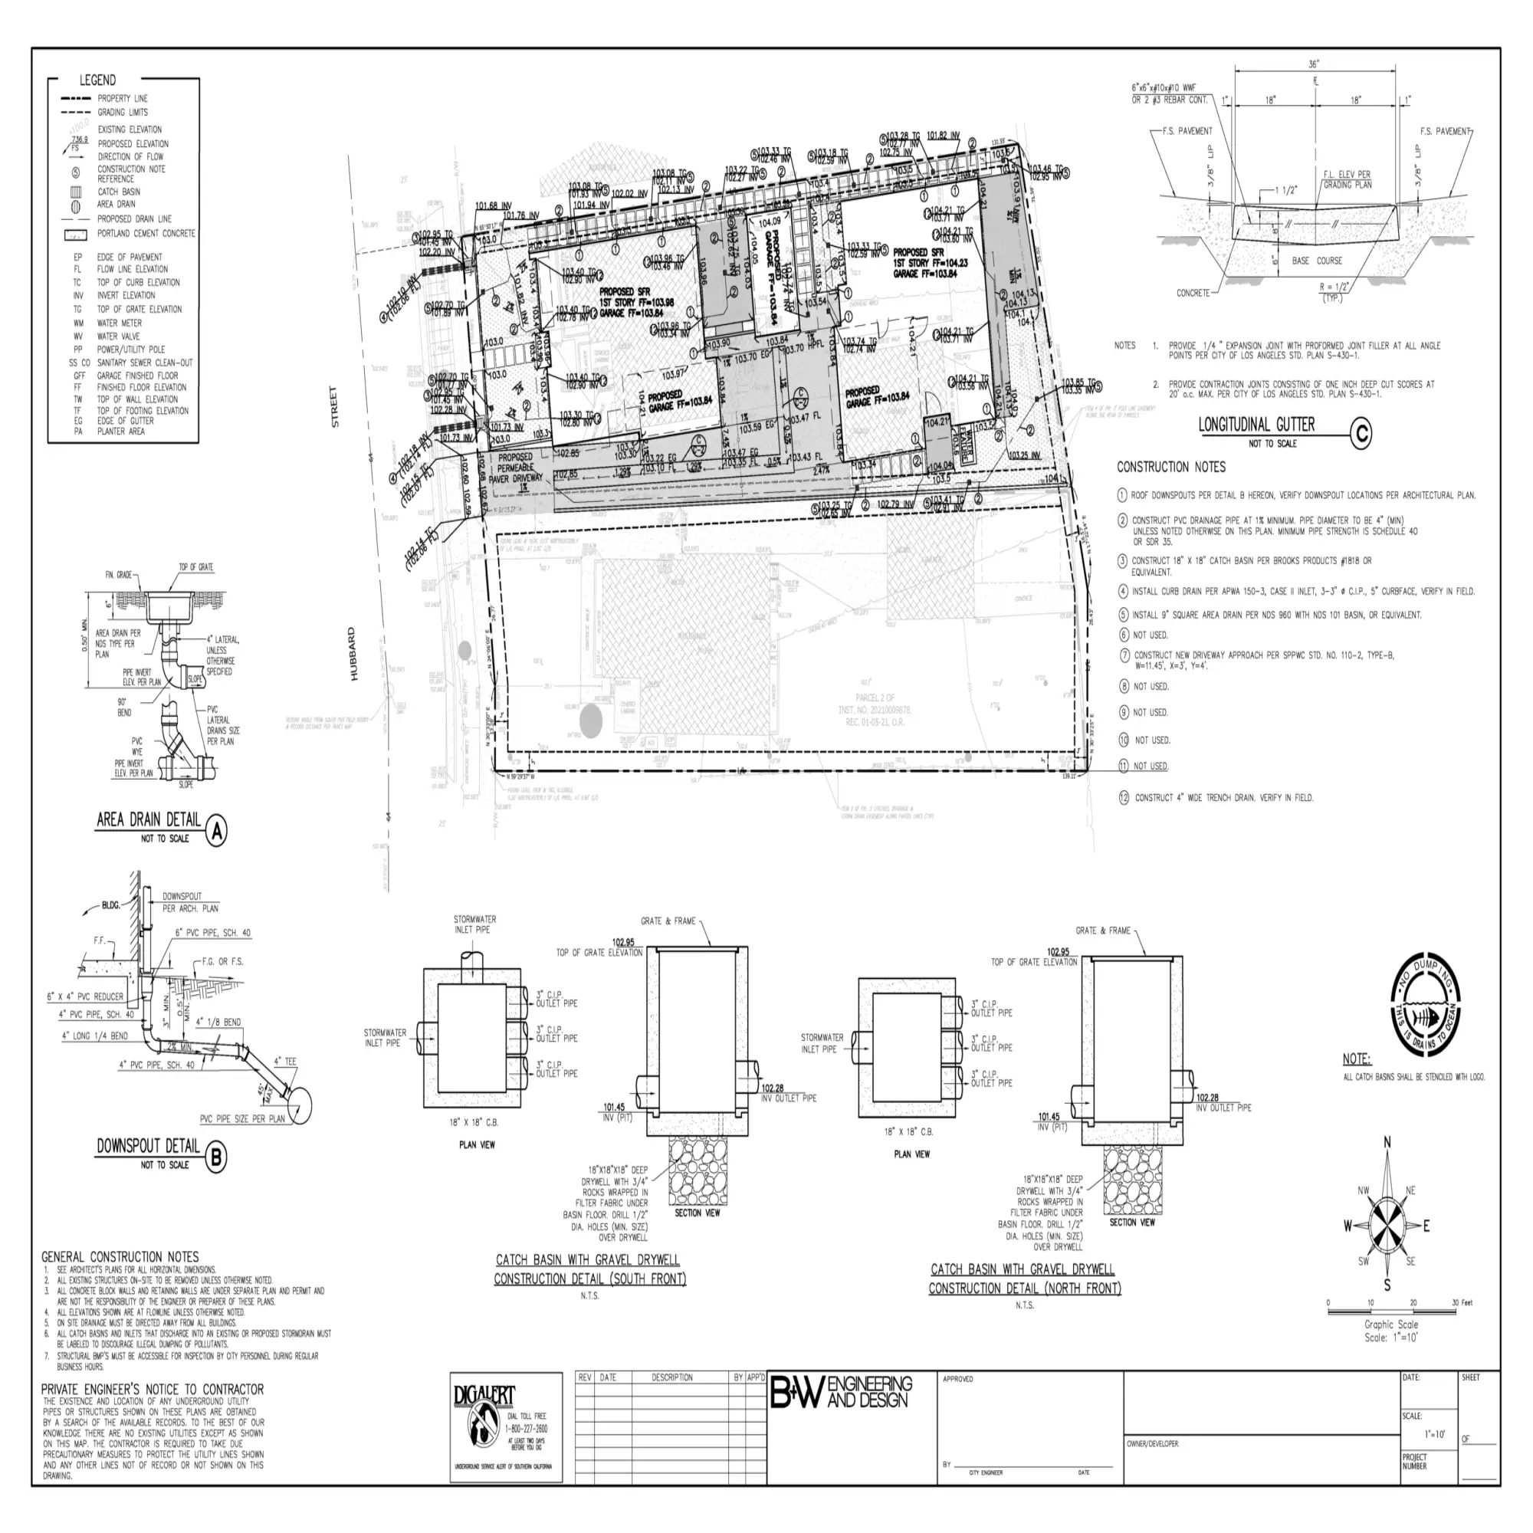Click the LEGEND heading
[x=97, y=80]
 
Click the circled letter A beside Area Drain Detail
[x=216, y=832]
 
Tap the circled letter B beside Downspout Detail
[x=216, y=1157]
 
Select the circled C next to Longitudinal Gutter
[x=1361, y=432]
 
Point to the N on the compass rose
[x=1387, y=1143]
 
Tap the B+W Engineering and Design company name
[x=841, y=1393]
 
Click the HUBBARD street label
[x=352, y=654]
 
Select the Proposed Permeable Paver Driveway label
[x=516, y=468]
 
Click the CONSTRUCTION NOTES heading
[x=1171, y=468]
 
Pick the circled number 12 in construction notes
[x=1124, y=797]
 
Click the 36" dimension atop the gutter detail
[x=1314, y=65]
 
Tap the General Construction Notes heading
[x=120, y=1257]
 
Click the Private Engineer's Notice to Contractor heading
[x=153, y=1390]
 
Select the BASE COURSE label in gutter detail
[x=1316, y=261]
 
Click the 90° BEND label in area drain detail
[x=123, y=706]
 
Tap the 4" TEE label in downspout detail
[x=285, y=1061]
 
